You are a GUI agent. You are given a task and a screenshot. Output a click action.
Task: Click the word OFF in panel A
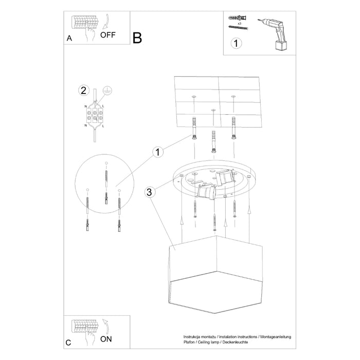click(109, 35)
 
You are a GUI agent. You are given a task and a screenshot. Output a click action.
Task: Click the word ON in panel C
click(106, 339)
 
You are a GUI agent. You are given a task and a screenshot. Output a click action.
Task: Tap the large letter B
click(137, 38)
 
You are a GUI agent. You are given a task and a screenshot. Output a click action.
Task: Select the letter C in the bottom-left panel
click(68, 342)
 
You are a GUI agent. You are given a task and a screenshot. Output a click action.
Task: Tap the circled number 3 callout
click(149, 192)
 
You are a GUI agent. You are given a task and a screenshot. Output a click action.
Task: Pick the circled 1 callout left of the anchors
click(158, 152)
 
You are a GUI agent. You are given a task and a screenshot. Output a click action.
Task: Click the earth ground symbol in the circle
click(107, 90)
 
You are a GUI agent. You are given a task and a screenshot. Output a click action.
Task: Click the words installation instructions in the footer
click(237, 336)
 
